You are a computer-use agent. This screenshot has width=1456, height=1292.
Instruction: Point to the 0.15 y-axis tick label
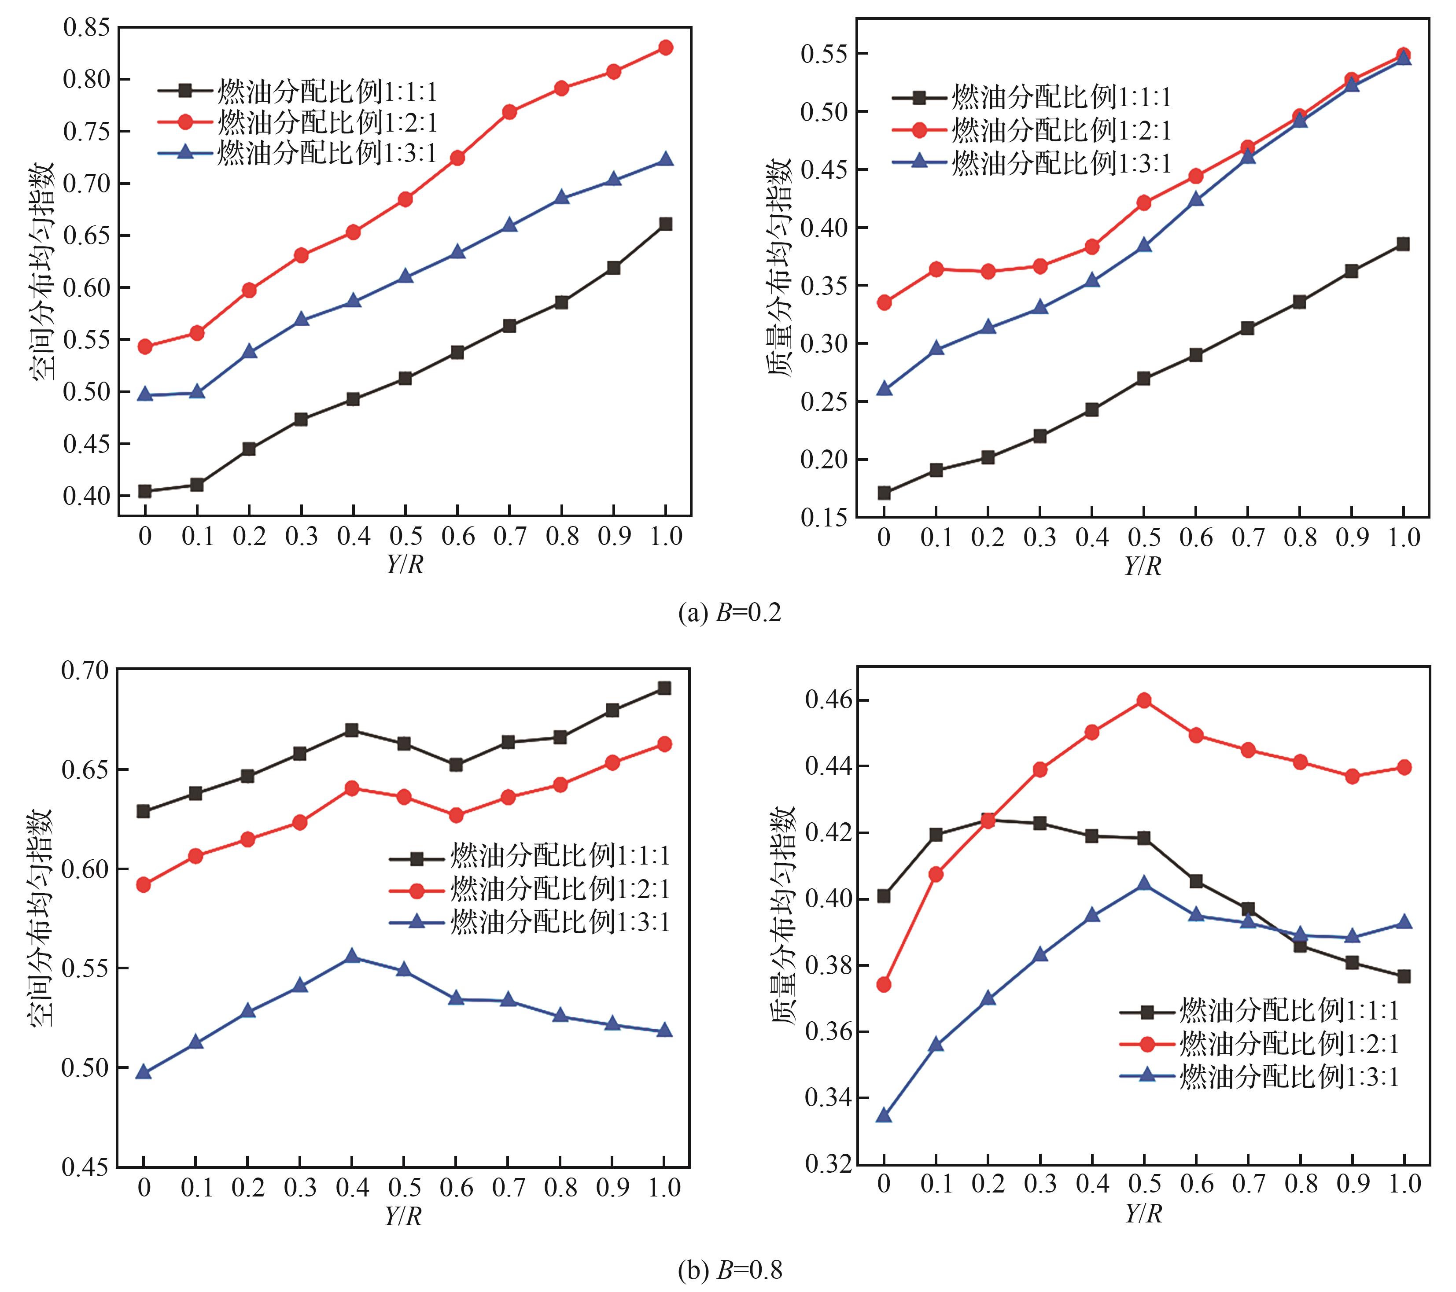click(824, 518)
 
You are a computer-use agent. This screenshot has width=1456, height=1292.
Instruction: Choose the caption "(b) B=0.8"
click(730, 1270)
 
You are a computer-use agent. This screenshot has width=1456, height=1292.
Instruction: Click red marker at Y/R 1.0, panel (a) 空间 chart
click(665, 48)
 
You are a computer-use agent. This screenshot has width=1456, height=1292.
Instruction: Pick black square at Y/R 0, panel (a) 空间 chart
click(144, 491)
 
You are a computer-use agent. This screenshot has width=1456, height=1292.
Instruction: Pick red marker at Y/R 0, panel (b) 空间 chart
click(143, 885)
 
